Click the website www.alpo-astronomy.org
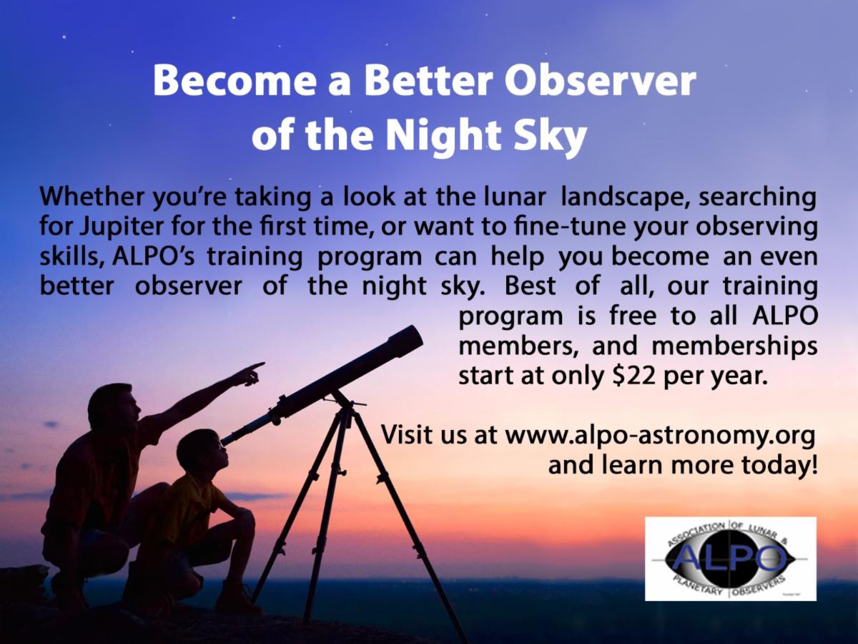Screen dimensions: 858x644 coord(660,436)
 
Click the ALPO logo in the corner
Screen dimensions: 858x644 coord(730,558)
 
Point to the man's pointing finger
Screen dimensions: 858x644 coord(256,366)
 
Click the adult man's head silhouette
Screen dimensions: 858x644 coord(114,404)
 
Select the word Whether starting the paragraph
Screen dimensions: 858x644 coord(92,197)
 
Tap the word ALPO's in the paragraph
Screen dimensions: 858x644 coord(153,257)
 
